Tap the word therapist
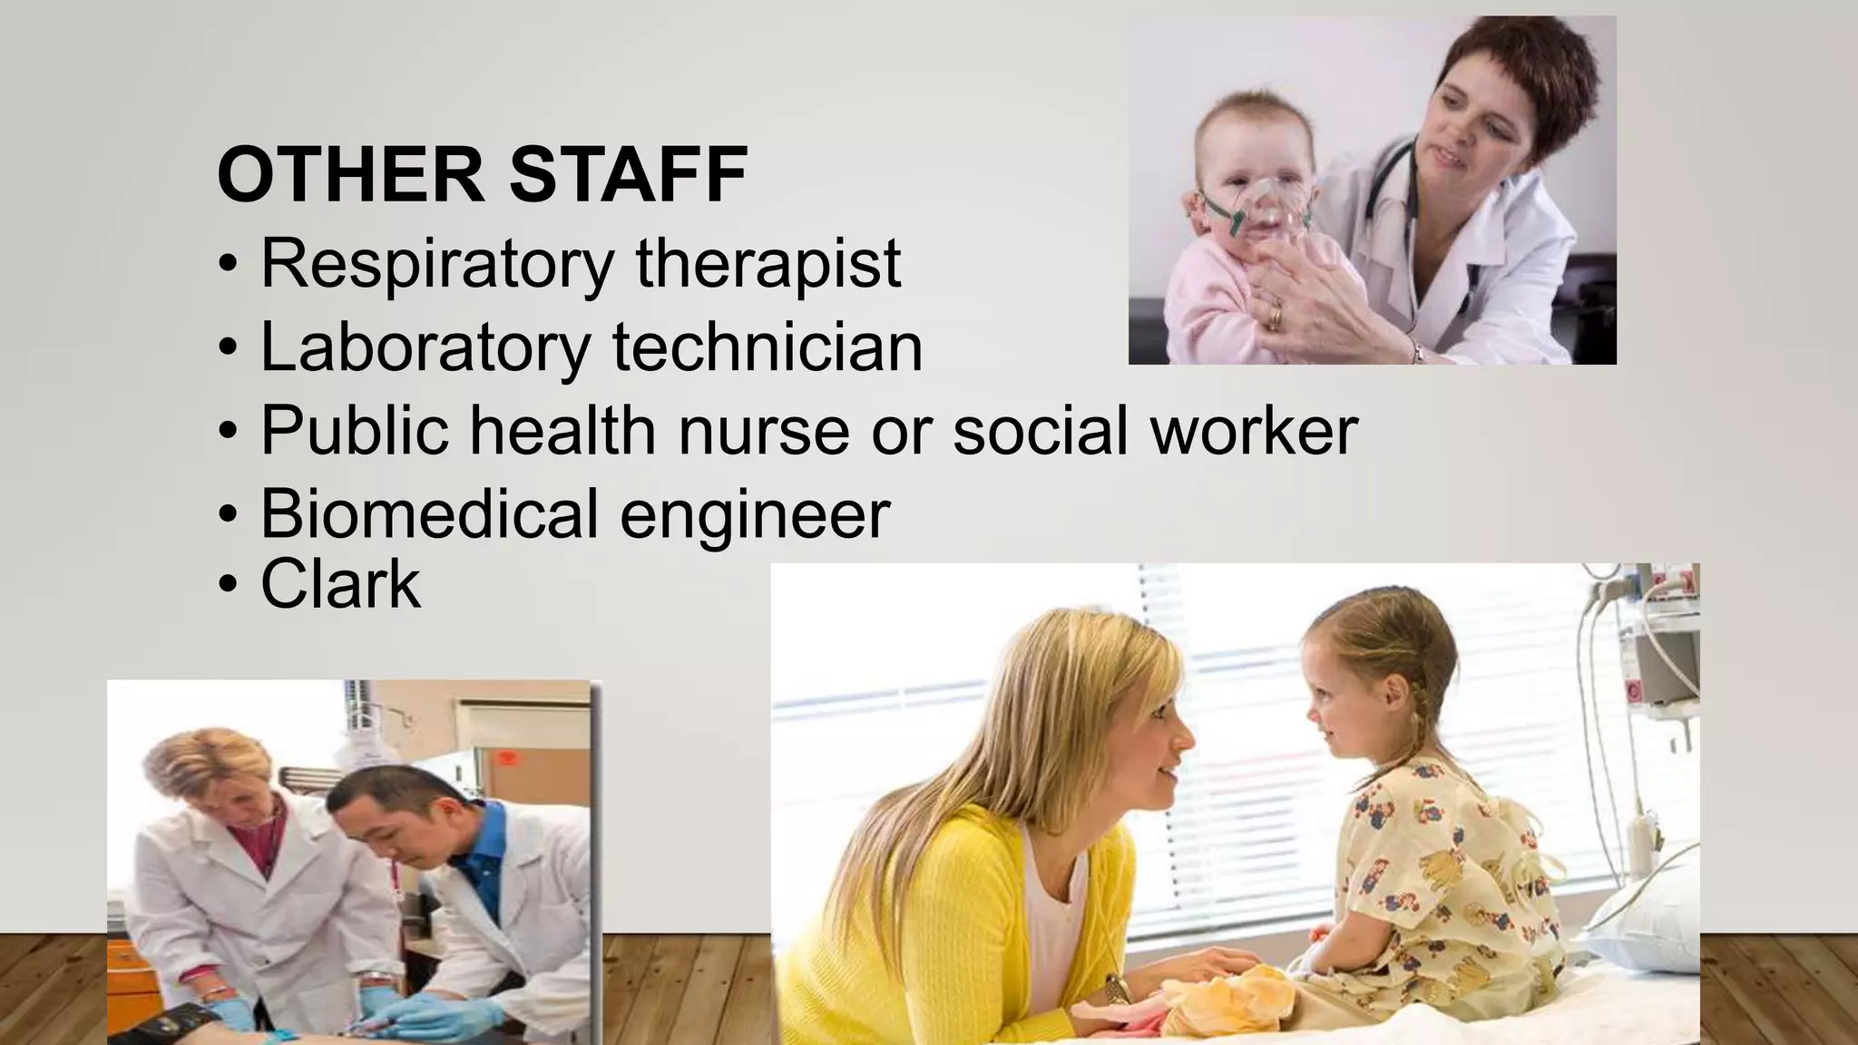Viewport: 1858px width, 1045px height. point(768,263)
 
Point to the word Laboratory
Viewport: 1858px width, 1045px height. point(425,347)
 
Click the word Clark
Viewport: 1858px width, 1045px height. point(341,584)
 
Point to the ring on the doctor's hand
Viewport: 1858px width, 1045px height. point(1275,317)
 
